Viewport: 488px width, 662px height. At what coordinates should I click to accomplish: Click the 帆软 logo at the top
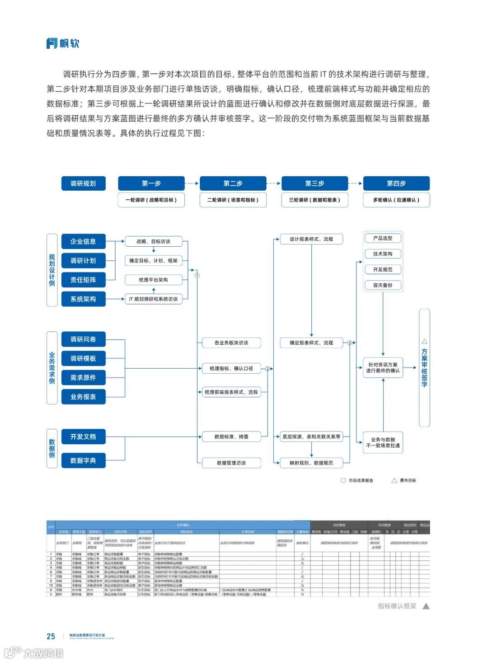point(63,43)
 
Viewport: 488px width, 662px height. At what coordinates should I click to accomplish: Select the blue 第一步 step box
point(151,183)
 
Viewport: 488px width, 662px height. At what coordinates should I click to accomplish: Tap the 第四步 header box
point(396,183)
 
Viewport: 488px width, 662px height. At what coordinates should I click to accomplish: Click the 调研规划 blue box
point(83,183)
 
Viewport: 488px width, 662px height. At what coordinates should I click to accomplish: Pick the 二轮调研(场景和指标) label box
point(233,200)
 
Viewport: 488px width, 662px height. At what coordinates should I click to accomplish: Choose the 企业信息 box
point(83,241)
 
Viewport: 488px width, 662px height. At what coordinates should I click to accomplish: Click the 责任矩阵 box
point(83,280)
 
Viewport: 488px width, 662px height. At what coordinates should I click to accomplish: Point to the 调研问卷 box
point(83,339)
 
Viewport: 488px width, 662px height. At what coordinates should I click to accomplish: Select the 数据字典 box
point(83,460)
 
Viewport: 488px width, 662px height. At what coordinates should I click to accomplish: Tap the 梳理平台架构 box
point(153,280)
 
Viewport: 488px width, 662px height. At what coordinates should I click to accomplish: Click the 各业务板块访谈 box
point(231,343)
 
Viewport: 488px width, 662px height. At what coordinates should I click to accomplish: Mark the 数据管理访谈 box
point(231,463)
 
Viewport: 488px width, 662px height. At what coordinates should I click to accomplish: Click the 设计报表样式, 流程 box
point(311,239)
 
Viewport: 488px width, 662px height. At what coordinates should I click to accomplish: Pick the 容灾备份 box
point(383,285)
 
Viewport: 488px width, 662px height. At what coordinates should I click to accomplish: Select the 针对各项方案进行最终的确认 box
point(383,368)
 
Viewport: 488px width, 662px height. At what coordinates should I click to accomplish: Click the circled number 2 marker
point(267,369)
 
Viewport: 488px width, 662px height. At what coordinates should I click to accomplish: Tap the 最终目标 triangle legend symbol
point(394,480)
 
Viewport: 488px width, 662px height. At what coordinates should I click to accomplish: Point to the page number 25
point(51,636)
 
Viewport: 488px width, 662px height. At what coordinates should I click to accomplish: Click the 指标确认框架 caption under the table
point(397,606)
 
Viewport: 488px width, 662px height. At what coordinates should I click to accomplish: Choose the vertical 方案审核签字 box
point(424,368)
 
